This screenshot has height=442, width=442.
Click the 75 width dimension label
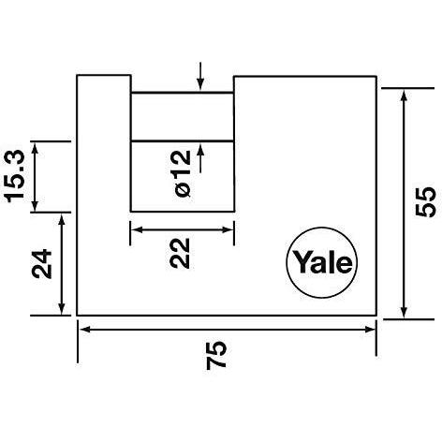pos(216,355)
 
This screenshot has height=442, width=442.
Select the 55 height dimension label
pos(425,202)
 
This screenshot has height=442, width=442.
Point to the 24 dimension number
pos(41,264)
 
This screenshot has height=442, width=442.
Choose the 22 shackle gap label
pos(180,253)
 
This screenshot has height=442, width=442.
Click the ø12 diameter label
pos(183,173)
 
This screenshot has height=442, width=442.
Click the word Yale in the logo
pos(323,262)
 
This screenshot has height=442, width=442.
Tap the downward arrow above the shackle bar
pos(200,76)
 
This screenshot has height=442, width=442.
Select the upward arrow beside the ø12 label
pos(200,159)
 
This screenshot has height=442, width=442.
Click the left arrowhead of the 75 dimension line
pos(85,330)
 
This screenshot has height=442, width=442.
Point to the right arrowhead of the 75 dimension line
pos(370,330)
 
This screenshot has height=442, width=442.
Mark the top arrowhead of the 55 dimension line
pos(404,96)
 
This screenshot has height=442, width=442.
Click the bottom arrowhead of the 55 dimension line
pos(404,312)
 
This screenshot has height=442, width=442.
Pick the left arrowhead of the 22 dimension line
pos(137,229)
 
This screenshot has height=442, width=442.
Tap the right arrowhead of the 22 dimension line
pos(228,229)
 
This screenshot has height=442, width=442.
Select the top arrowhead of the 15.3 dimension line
pos(35,148)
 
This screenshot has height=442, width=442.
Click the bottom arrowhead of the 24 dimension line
pos(62,308)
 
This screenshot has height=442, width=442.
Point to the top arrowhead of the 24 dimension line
pos(62,220)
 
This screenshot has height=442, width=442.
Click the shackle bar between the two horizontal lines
pos(183,117)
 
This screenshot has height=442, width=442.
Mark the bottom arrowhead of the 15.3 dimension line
pos(35,205)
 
